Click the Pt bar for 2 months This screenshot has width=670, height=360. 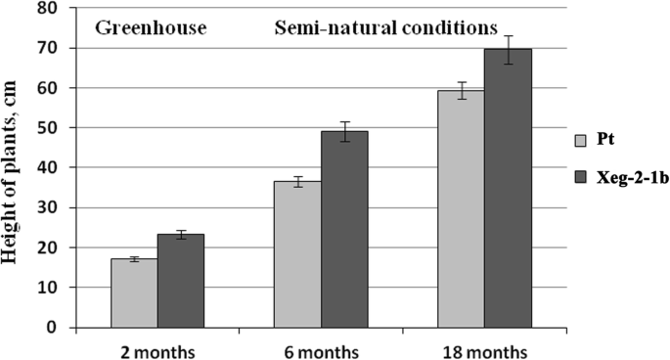pos(134,293)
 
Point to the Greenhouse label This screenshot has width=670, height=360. pos(151,26)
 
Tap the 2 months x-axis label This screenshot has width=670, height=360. pos(157,350)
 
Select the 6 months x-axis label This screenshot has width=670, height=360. pos(321,350)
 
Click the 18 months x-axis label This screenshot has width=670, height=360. pos(484,350)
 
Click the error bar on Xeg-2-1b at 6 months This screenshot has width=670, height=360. pos(344,131)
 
